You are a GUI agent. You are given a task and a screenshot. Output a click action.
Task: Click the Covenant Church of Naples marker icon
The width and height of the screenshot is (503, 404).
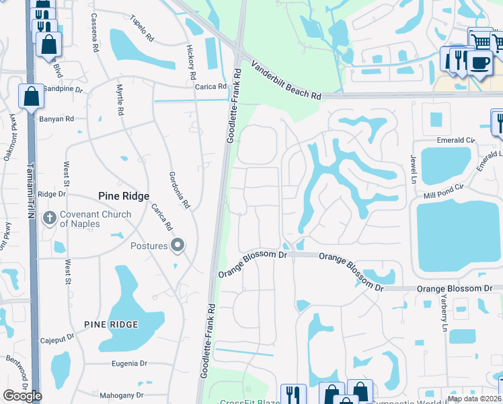pyautogui.click(x=49, y=218)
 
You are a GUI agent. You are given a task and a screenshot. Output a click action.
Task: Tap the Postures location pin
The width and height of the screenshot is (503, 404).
pyautogui.click(x=178, y=246)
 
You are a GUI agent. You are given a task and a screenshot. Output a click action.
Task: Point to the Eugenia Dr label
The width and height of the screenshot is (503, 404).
pyautogui.click(x=128, y=364)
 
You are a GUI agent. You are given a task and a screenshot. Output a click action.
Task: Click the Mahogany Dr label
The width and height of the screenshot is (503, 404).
pyautogui.click(x=122, y=395)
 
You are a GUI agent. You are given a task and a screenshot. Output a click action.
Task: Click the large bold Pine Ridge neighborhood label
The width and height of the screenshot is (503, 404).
pyautogui.click(x=123, y=196)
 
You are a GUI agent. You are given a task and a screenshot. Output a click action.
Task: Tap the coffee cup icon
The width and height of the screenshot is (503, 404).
pyautogui.click(x=479, y=63)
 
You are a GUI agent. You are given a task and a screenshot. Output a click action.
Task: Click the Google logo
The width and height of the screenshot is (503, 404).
pyautogui.click(x=22, y=396)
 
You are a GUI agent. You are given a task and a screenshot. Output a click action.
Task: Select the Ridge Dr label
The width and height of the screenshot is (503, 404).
pyautogui.click(x=52, y=194)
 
